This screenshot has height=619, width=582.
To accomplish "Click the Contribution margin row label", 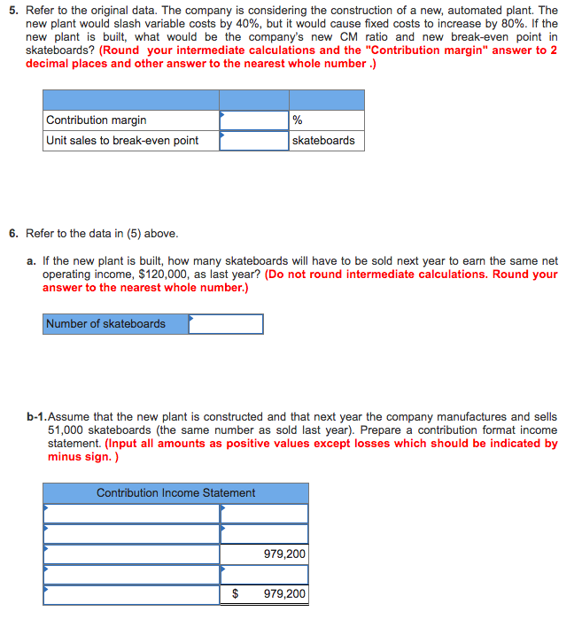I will click(97, 120).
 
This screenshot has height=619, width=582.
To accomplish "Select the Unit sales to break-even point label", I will click(122, 141).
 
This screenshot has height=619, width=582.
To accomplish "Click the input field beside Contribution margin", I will click(254, 120).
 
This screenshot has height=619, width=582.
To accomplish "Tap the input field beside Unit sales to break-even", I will click(254, 141).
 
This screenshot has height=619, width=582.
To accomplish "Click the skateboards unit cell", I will click(323, 141).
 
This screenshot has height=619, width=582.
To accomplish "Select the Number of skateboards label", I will click(106, 324).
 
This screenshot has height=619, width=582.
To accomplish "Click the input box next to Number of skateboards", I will click(226, 324).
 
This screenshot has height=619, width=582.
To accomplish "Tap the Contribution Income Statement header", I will click(175, 493).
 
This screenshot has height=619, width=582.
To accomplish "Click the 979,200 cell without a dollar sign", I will click(284, 554).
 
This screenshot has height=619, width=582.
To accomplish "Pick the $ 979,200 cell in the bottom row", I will click(266, 594).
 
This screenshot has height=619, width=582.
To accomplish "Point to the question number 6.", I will click(12, 234).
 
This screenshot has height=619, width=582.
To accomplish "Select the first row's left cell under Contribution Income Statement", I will click(131, 514).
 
